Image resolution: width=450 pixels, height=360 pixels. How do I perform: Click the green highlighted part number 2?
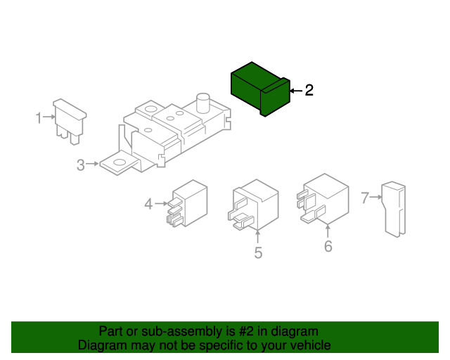pos(259,89)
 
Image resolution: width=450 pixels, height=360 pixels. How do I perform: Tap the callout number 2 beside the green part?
pos(309,90)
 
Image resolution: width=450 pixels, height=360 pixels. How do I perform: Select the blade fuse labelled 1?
pos(70,121)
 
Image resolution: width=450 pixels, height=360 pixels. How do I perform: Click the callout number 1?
pos(39,117)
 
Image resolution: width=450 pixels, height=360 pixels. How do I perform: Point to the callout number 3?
pos(81,165)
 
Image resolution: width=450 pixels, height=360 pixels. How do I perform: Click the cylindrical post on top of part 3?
pos(203,103)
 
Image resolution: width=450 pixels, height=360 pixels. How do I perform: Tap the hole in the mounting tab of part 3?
pos(119,162)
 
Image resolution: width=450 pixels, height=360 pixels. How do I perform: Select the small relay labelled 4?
pos(187,203)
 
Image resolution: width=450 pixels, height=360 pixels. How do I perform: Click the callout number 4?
pos(148,204)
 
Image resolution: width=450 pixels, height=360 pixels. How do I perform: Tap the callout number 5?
pos(258,252)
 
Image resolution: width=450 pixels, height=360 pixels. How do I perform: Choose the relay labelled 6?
pos(323,199)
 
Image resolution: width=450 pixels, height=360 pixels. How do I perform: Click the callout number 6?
pos(328,246)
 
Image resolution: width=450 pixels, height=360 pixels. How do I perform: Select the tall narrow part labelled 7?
pos(394,210)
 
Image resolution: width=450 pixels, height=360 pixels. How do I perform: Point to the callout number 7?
pos(365,198)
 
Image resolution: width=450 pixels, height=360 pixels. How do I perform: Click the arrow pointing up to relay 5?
pos(258,236)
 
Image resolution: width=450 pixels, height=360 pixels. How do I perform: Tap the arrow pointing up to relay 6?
pos(328,231)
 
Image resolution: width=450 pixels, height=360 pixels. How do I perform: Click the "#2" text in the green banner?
pos(246,331)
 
